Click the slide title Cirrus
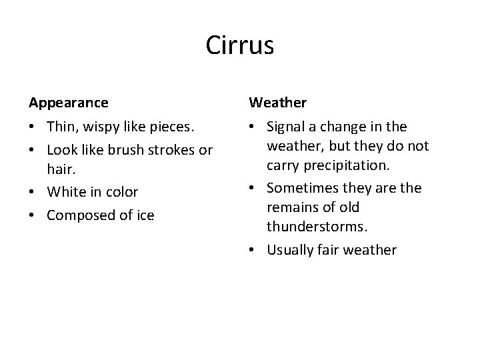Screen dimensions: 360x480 pyautogui.click(x=240, y=45)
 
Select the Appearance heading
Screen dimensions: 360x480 pyautogui.click(x=68, y=103)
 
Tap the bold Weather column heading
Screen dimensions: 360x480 pyautogui.click(x=278, y=103)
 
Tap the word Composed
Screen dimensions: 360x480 pyautogui.click(x=77, y=215)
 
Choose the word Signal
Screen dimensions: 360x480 pyautogui.click(x=285, y=127)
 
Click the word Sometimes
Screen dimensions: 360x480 pyautogui.click(x=300, y=188)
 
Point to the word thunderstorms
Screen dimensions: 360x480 pyautogui.click(x=317, y=227)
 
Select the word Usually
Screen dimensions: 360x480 pyautogui.click(x=291, y=250)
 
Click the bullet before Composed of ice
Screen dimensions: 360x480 pyautogui.click(x=32, y=215)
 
